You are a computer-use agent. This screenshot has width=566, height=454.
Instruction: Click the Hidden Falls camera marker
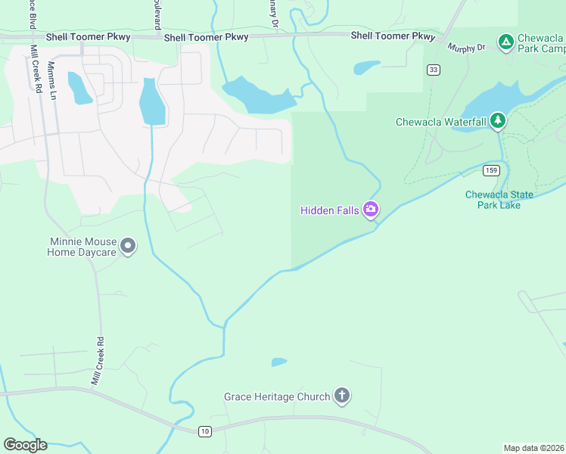pos(370,210)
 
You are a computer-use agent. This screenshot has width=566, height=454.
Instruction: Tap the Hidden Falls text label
pos(330,210)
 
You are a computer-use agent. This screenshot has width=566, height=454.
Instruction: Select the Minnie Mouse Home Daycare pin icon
pos(128,246)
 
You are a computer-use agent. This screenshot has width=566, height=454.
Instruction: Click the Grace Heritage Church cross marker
pos(342,396)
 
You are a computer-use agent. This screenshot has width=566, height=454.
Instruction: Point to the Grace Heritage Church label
pos(277,396)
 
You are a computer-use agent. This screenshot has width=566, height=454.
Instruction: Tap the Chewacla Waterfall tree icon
pos(497,120)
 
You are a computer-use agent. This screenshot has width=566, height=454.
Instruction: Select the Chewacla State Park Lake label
pos(499,200)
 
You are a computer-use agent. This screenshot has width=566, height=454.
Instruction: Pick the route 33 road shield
pos(433,70)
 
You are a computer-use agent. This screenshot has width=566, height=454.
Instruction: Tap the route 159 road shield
pos(491,170)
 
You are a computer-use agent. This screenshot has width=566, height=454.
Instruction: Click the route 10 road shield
pos(204,431)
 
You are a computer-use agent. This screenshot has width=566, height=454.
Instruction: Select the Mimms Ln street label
pos(52,80)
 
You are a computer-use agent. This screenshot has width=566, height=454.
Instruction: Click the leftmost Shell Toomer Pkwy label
pos(88,36)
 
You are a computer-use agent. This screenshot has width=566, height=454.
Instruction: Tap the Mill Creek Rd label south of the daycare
pos(98,362)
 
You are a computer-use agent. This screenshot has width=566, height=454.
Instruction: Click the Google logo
pos(25,445)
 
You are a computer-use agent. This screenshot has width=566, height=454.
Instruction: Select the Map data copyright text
pos(533,447)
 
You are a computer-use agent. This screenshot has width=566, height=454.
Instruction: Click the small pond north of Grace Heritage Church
pos(279,362)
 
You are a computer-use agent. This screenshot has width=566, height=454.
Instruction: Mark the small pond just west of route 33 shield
pos(367,67)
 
